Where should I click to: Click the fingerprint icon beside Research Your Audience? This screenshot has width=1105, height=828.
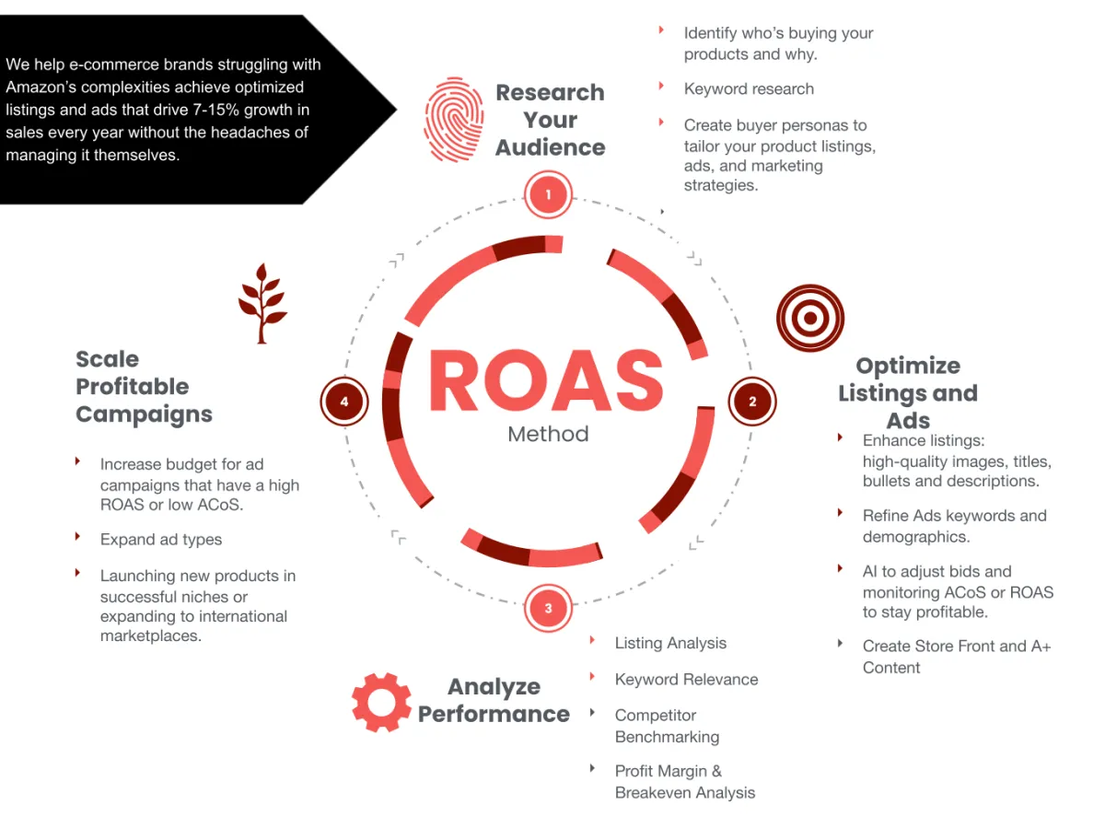point(454,120)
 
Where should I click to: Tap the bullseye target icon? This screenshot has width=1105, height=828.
point(809,318)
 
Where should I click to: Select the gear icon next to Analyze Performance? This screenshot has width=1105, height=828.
point(381,702)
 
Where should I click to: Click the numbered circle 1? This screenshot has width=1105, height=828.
point(548,195)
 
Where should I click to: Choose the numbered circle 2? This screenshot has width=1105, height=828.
point(752,402)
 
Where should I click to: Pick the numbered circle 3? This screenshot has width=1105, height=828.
point(548,608)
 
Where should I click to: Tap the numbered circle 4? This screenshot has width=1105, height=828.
point(344,402)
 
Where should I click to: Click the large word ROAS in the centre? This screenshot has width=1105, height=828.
point(546,381)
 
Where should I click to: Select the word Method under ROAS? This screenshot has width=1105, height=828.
point(548,434)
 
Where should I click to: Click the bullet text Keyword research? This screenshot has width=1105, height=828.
point(749,89)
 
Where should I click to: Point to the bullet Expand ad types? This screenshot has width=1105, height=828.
point(161,540)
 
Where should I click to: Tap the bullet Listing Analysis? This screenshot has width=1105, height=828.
point(670,644)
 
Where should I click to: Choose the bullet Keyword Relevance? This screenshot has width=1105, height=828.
point(686,680)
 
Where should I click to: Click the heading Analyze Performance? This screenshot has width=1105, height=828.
point(494,700)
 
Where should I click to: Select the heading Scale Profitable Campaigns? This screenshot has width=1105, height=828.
point(144,387)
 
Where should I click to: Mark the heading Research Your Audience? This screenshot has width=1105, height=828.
point(550,120)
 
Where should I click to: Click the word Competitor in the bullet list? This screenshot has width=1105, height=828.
point(656,716)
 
